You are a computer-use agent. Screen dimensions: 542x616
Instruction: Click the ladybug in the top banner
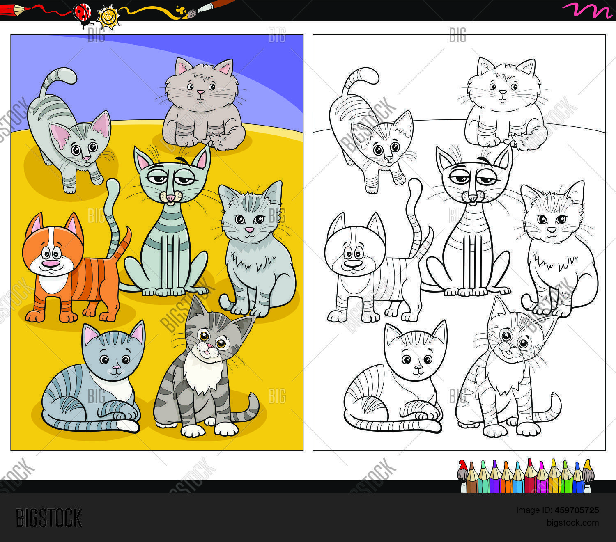click(x=82, y=12)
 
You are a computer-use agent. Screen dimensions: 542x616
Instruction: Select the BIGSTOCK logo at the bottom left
click(x=49, y=518)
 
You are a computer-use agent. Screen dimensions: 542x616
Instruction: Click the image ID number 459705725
click(x=577, y=510)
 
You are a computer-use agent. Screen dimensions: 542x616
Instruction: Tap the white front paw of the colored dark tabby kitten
click(x=192, y=430)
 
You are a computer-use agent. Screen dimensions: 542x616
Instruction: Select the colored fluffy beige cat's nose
click(x=200, y=93)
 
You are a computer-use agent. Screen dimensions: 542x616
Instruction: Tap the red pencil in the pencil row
click(x=530, y=476)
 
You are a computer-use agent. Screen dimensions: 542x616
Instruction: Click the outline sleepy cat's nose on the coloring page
click(x=472, y=198)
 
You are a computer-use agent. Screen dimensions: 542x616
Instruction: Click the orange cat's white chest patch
click(x=53, y=283)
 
